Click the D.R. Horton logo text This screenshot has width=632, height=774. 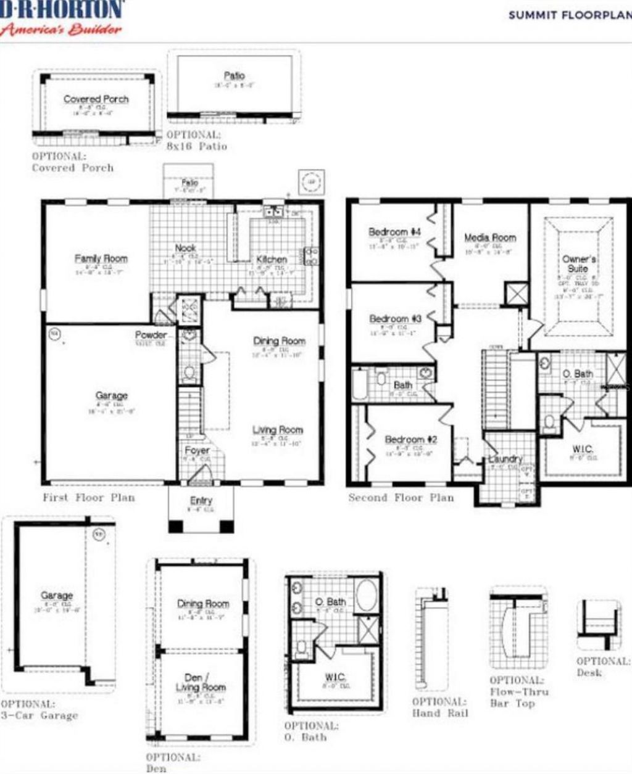(x=62, y=10)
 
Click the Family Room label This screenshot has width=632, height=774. (x=101, y=258)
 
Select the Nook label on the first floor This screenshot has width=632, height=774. (x=185, y=247)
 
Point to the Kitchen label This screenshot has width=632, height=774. (x=272, y=260)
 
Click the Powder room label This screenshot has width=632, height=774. (x=151, y=335)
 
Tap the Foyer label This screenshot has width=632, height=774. (x=197, y=451)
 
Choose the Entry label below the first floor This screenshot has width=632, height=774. (x=201, y=501)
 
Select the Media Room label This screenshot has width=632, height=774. (x=490, y=237)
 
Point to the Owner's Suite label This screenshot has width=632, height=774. (x=579, y=264)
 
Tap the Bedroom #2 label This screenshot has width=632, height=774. (x=410, y=440)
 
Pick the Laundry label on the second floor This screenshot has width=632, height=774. (x=505, y=459)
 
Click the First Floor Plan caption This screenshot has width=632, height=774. (x=89, y=497)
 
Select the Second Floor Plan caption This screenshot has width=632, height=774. (x=401, y=497)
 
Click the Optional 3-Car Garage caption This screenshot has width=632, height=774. (x=39, y=710)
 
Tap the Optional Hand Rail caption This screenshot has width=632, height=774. (x=440, y=707)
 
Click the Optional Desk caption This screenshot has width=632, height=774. (x=602, y=667)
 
